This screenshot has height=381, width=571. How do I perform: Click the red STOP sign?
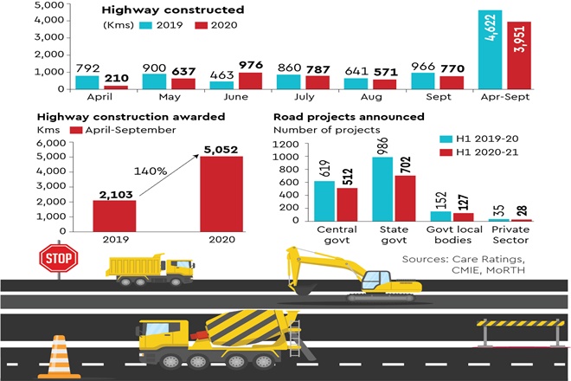point(58,256)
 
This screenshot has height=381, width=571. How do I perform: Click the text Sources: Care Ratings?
point(481,259)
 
